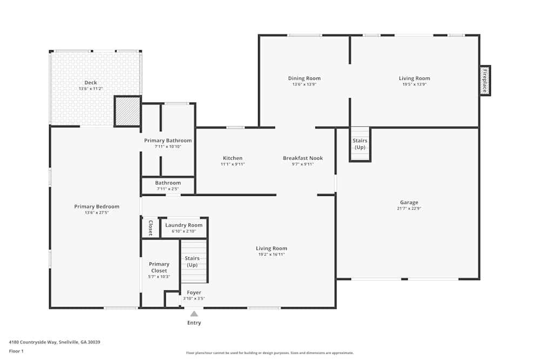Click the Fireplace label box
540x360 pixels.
pos(485,80)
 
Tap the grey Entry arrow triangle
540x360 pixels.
pos(194,313)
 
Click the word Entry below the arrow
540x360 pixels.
pos(194,323)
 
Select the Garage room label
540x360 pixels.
pos(409,202)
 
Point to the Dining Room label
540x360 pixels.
pos(304,78)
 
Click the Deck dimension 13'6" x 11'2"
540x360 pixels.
pos(91,89)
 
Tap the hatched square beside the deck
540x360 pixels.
pos(127,111)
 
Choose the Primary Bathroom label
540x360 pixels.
pos(168,140)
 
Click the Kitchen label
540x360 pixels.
pos(232,158)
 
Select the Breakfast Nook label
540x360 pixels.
pos(302,158)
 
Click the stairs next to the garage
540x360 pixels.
pos(360,144)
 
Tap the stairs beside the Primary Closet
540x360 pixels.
pos(193,262)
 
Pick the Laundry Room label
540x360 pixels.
pos(184,225)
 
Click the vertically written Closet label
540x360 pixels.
pos(151,228)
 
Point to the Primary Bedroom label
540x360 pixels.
pos(97,206)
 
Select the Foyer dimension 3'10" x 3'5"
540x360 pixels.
pos(194,298)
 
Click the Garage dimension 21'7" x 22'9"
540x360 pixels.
pos(409,209)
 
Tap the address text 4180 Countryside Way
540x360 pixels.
pos(55,342)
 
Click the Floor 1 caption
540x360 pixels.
pos(17,351)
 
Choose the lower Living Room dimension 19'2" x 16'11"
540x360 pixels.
pos(271,255)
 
